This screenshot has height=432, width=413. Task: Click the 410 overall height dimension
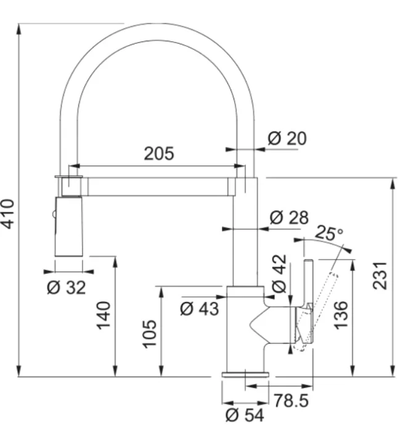pyautogui.click(x=9, y=213)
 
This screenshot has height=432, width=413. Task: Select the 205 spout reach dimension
pyautogui.click(x=159, y=154)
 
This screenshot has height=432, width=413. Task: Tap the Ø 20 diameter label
pyautogui.click(x=287, y=139)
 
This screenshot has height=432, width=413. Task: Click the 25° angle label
pyautogui.click(x=328, y=233)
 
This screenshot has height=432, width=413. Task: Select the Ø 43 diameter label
pyautogui.click(x=199, y=308)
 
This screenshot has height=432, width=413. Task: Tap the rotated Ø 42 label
pyautogui.click(x=279, y=274)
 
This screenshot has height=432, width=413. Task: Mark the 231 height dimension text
pyautogui.click(x=380, y=275)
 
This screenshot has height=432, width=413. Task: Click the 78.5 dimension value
pyautogui.click(x=291, y=401)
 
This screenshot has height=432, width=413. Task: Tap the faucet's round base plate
pyautogui.click(x=245, y=374)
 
